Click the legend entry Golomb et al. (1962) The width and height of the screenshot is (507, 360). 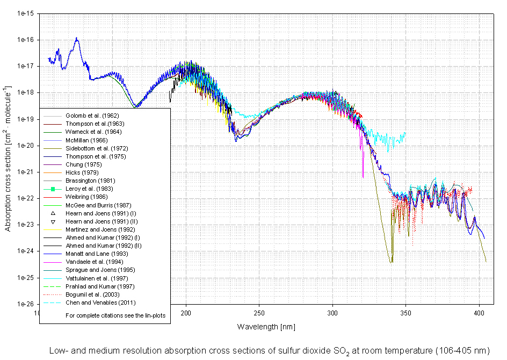(x=92, y=116)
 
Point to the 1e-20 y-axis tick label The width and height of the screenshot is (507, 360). (x=25, y=146)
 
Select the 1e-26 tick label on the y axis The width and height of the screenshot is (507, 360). (x=25, y=304)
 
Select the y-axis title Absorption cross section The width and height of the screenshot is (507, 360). (x=8, y=159)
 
